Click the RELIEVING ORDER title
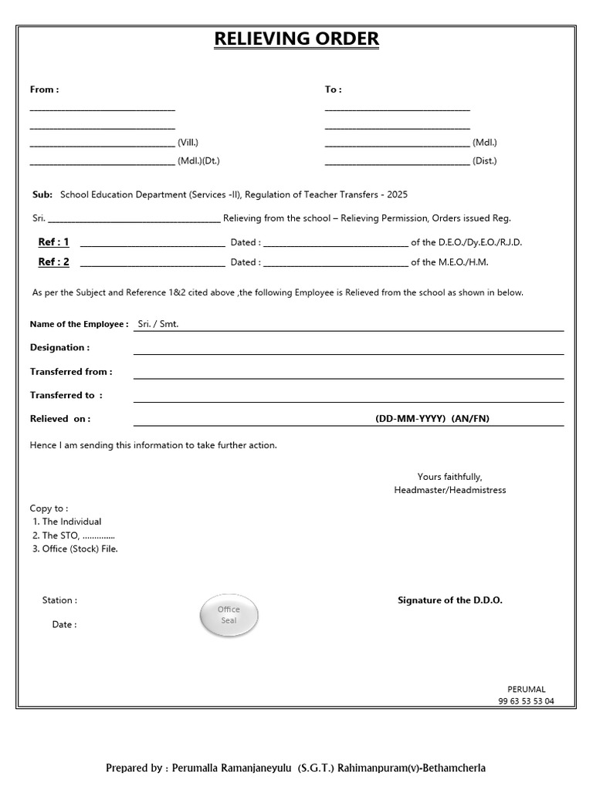click(296, 39)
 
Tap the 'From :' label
click(44, 89)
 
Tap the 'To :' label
click(333, 89)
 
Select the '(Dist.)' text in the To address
click(485, 161)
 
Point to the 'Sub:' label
click(42, 195)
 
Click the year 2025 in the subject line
click(398, 195)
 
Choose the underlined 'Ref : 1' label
click(54, 242)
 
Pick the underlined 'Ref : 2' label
click(54, 262)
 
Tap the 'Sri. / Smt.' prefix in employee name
click(158, 324)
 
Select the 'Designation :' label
click(59, 347)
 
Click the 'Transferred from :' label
click(71, 371)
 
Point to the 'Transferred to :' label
click(66, 395)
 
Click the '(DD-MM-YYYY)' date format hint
click(411, 419)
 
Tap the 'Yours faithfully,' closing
click(449, 477)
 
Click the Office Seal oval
click(229, 615)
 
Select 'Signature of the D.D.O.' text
click(449, 600)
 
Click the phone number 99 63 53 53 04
click(526, 701)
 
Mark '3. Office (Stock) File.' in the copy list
click(75, 549)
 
